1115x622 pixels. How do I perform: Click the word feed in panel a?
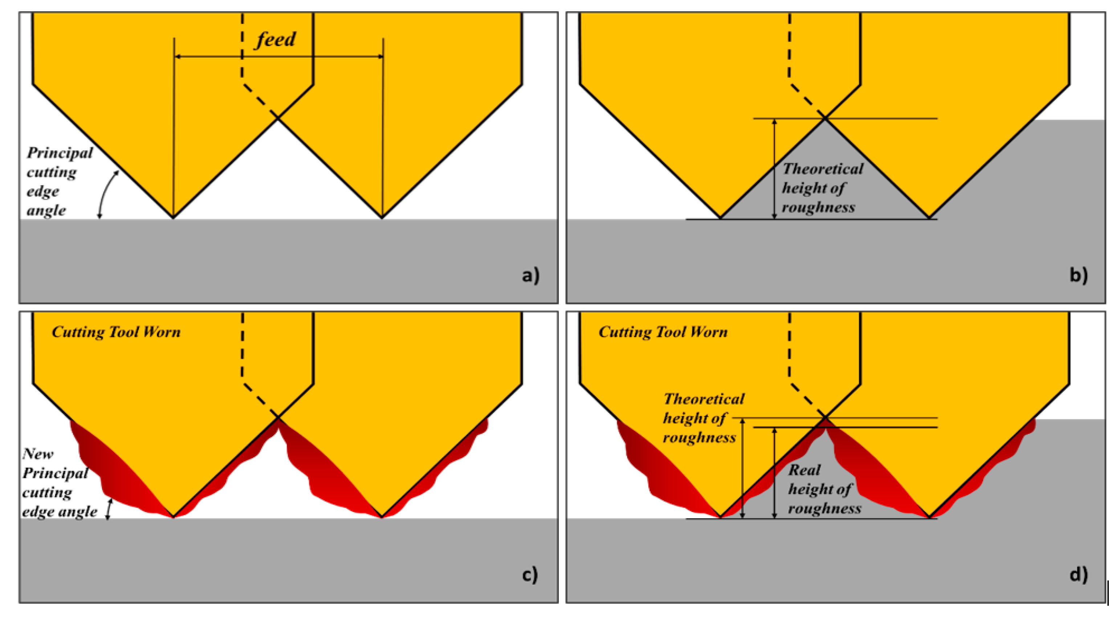click(x=276, y=40)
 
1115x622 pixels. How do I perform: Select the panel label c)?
click(x=530, y=574)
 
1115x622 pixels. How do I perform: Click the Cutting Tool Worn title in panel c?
click(x=116, y=332)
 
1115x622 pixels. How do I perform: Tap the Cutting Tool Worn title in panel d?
click(x=663, y=332)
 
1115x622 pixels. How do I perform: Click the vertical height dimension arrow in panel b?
click(x=775, y=169)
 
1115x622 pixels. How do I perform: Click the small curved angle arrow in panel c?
click(x=109, y=509)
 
